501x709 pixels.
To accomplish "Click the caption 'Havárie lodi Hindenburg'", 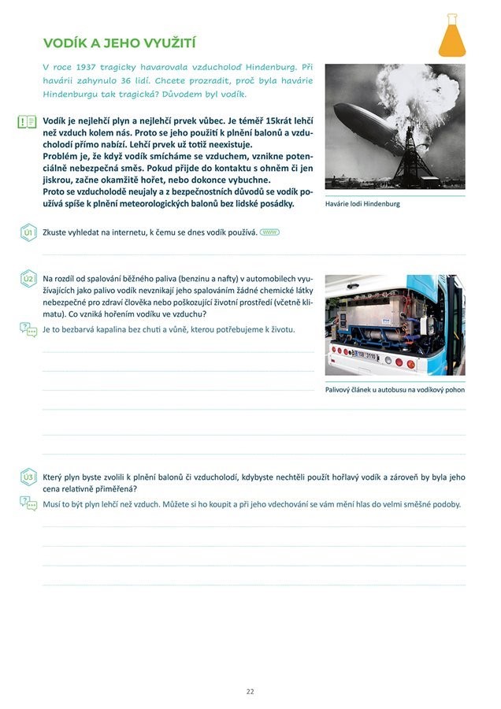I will [362, 203].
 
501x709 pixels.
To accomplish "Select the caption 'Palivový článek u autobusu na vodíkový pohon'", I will [395, 389].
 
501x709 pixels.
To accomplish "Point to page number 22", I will [250, 691].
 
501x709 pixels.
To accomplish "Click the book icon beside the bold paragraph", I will [28, 121].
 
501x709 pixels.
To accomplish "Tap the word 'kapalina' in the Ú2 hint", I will [128, 329].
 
